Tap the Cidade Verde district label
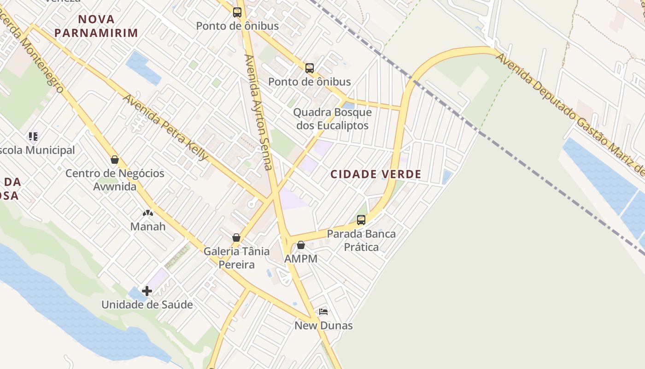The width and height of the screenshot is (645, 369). point(376,174)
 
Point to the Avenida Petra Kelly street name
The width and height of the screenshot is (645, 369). point(166,127)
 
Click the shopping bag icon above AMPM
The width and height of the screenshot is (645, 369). point(301,245)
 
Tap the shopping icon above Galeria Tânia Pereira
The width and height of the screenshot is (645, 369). point(236,238)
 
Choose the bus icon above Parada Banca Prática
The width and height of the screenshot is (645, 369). point(361,220)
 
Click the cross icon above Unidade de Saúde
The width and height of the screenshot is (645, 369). point(147,291)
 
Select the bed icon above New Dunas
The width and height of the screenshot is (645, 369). point(323,312)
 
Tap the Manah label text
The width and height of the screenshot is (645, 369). point(148,226)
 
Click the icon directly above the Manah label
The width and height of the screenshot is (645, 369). point(148,213)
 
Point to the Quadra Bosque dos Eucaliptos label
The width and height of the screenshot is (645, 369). point(333,119)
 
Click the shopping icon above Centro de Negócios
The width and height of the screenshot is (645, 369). point(115,160)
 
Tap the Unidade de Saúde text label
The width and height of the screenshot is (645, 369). point(147,305)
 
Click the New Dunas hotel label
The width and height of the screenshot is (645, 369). point(323,326)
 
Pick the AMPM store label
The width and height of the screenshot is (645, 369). point(301,259)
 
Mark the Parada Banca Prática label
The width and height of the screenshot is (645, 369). point(361,240)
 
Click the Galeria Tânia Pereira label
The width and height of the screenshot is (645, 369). point(236,258)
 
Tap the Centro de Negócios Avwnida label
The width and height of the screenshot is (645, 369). point(115,180)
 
